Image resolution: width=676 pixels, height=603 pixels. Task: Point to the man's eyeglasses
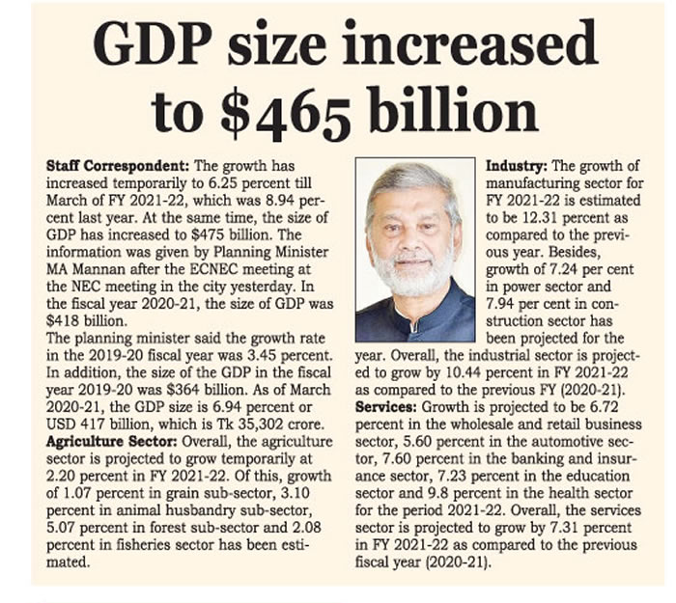click(x=415, y=233)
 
